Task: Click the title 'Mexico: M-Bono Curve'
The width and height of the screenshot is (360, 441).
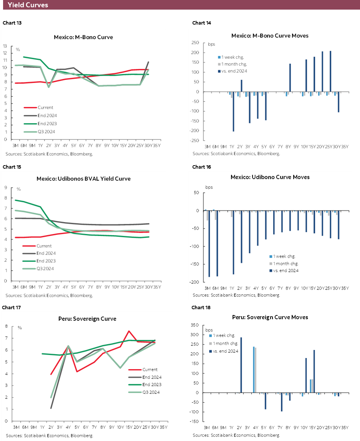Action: [83, 37]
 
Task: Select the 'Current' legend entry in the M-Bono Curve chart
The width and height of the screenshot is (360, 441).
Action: [46, 108]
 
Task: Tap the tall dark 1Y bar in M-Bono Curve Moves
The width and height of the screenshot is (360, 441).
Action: [233, 112]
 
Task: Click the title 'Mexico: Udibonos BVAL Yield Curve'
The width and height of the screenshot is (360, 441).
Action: [83, 179]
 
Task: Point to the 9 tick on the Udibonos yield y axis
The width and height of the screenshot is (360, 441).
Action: [6, 187]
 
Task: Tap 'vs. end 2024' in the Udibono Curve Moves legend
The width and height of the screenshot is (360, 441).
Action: [284, 270]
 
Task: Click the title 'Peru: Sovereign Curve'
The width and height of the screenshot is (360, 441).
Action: [83, 319]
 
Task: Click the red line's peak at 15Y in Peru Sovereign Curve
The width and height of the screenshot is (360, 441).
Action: [129, 331]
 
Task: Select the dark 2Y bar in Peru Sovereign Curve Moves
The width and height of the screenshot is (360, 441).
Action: [241, 365]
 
